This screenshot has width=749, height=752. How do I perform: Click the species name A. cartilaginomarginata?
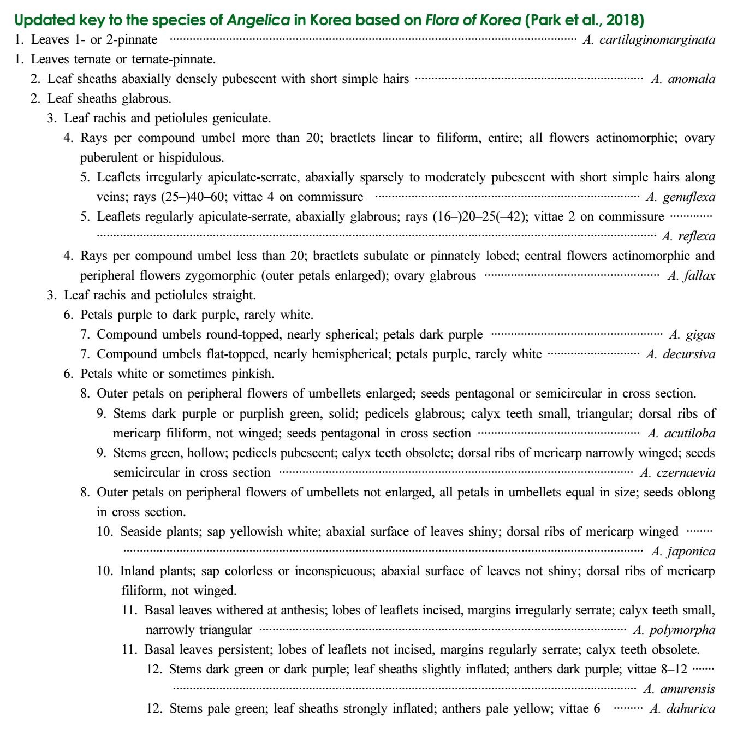649,40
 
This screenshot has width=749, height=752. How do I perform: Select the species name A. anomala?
683,79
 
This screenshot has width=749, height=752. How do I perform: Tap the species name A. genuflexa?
680,197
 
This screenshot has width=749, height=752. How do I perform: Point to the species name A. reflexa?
688,236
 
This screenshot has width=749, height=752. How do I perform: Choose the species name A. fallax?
691,276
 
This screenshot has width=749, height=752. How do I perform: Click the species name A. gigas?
692,335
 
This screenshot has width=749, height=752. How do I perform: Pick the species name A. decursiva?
680,354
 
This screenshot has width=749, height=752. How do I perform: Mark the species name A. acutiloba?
681,434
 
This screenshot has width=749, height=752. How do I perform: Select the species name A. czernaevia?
677,473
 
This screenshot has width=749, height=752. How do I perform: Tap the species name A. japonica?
683,552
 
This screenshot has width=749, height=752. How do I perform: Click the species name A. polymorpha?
674,630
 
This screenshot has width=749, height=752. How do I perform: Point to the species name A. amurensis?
679,689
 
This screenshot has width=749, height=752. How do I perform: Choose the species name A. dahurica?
682,709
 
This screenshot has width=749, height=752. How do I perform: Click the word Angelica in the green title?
258,21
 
